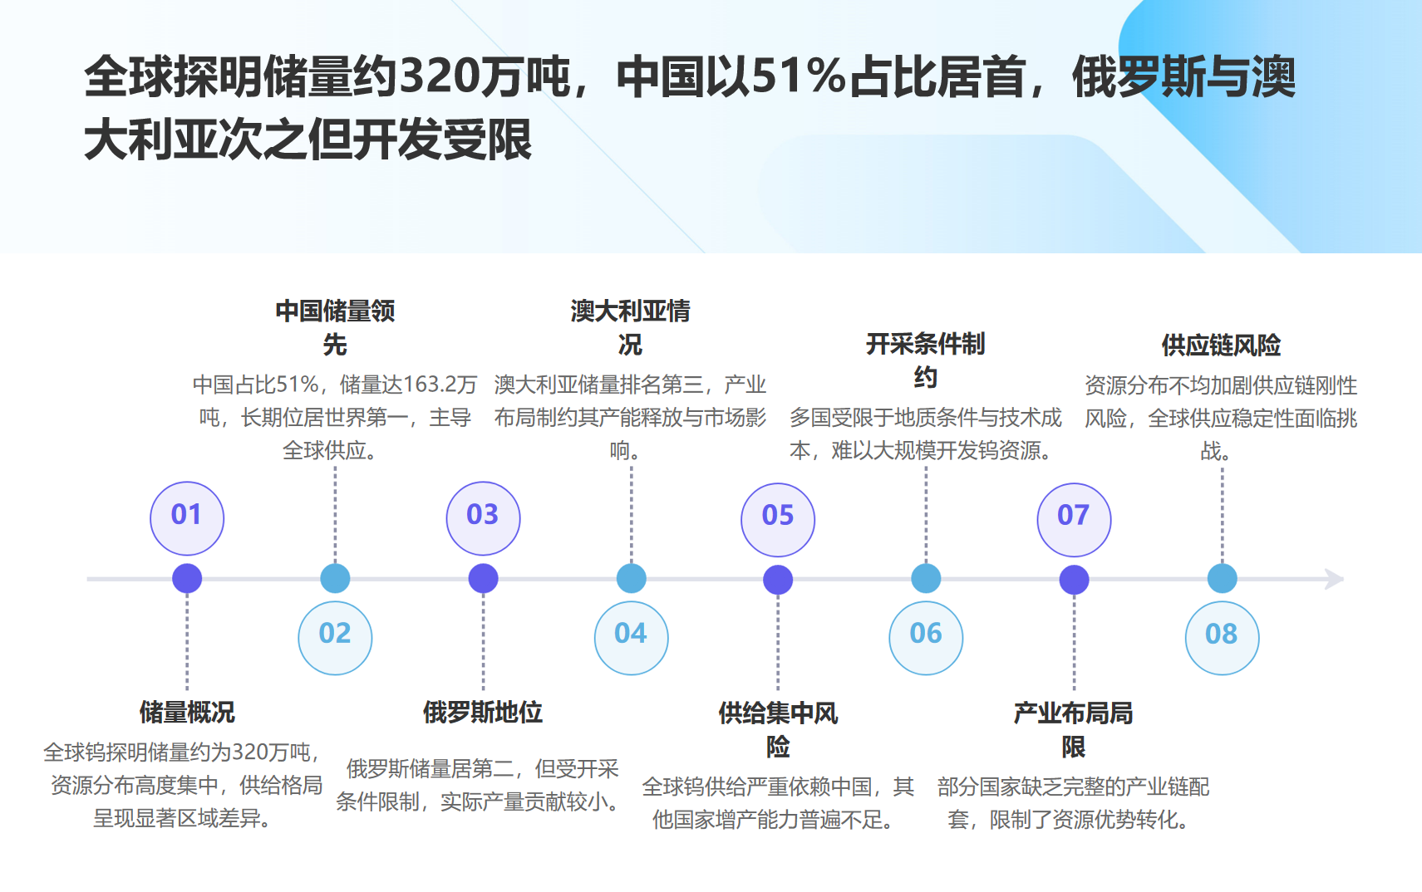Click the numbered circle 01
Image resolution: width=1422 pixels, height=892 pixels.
pos(187,517)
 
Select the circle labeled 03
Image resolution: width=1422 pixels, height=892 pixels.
pos(483,517)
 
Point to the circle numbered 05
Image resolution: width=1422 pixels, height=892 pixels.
pos(778,519)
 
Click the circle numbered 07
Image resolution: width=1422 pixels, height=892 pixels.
pos(1074,519)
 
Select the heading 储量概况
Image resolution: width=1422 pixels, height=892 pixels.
pos(187,712)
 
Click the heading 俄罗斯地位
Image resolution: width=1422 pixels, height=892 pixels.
pos(483,712)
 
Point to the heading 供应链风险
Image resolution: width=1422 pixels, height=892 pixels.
pos(1221,345)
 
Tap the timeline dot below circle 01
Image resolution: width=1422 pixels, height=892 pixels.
pos(187,579)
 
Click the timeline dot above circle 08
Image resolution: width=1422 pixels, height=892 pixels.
pos(1222,579)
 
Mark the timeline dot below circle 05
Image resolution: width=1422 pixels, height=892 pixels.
pos(778,580)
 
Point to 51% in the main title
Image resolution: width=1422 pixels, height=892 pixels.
pos(799,77)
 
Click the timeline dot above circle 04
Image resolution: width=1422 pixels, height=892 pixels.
pos(631,579)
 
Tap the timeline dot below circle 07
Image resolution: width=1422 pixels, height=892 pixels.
pos(1074,580)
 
